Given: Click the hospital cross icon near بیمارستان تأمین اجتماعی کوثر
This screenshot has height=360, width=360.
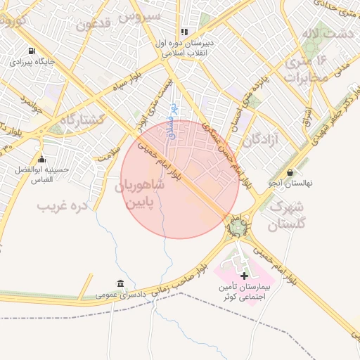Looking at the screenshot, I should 244,275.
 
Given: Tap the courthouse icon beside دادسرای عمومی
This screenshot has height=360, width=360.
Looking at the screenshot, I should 122,284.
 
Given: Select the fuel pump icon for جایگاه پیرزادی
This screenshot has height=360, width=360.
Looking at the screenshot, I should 32,51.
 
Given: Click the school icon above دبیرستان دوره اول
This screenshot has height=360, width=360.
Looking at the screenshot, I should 184,32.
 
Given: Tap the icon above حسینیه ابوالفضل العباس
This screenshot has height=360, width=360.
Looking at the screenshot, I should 41,159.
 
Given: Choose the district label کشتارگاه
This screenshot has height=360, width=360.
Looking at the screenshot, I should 82,120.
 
